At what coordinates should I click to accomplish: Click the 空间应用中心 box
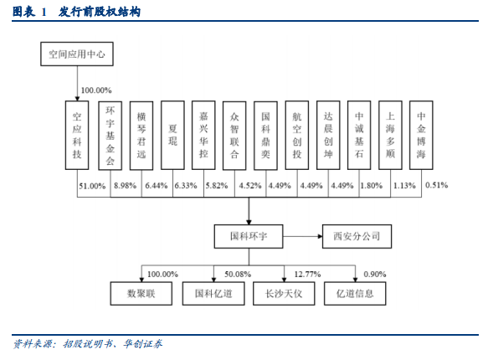coord(77,54)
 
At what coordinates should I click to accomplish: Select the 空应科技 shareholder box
coord(77,135)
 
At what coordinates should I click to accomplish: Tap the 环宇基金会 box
coord(110,136)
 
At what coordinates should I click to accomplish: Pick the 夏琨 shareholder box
coord(172,135)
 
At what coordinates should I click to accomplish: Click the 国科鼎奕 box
coord(265,136)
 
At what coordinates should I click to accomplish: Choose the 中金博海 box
coord(421,135)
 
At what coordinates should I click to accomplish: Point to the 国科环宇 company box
coord(249,236)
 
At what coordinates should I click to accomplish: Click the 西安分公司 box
coord(357,236)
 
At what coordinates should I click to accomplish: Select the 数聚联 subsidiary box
coord(141,294)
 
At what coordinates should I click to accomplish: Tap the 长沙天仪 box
coord(284,294)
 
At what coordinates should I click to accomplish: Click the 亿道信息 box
coord(355,294)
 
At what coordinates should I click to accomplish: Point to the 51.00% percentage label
coord(92,186)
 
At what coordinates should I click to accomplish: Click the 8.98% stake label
coord(126,186)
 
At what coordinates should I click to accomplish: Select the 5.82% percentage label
coord(217,186)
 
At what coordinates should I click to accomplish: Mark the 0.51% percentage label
coord(437,185)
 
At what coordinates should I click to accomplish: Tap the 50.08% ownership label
coord(238,275)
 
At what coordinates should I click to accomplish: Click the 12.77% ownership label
coord(307,275)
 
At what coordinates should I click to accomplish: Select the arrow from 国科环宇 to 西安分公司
coord(303,236)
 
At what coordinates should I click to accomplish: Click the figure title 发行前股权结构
coord(100,12)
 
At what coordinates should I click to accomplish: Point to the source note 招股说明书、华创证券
coord(113,344)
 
